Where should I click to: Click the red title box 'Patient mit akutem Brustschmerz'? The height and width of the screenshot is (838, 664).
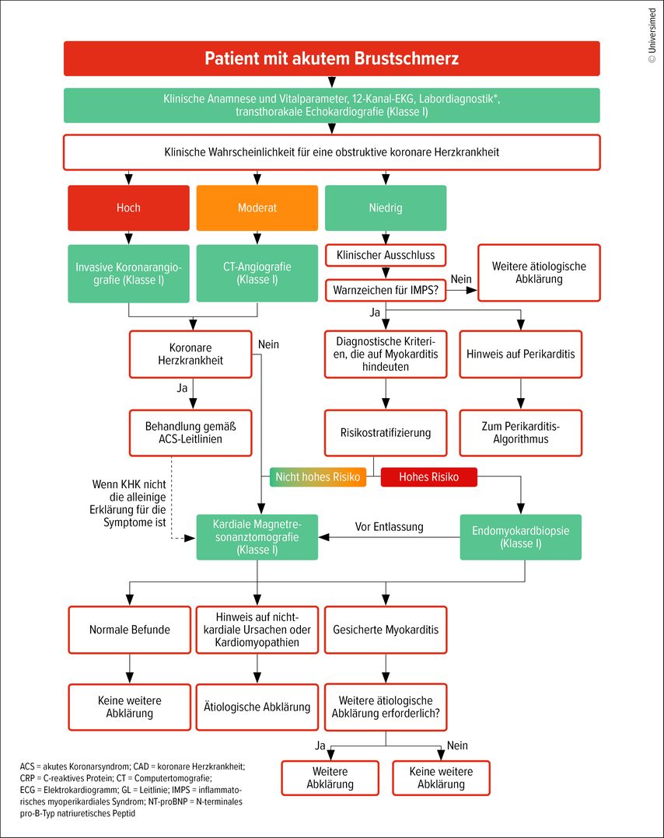click(x=331, y=58)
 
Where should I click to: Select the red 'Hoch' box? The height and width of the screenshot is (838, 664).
click(x=128, y=208)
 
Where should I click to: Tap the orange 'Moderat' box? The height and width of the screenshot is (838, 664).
click(x=257, y=208)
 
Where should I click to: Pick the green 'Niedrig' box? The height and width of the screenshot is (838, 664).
click(x=386, y=208)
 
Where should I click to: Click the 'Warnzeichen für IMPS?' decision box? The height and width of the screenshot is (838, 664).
click(x=386, y=290)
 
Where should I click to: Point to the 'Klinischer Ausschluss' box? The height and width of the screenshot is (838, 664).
click(x=386, y=256)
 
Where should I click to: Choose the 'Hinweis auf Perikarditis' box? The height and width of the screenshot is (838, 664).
click(x=521, y=354)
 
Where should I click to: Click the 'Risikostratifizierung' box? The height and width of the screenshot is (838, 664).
click(x=386, y=433)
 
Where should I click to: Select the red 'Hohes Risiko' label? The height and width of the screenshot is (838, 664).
click(x=428, y=477)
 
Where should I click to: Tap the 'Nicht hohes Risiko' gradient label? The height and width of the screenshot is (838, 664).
click(x=317, y=477)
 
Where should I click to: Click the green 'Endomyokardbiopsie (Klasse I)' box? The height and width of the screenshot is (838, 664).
click(x=521, y=537)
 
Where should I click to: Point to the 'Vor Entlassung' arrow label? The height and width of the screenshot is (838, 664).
click(x=390, y=527)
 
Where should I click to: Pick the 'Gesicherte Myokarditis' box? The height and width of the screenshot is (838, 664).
click(x=386, y=630)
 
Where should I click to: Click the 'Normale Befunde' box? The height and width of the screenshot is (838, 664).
click(x=129, y=630)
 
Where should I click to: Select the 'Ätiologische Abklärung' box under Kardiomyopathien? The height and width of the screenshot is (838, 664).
click(x=257, y=707)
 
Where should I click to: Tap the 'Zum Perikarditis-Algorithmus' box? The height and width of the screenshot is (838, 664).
click(x=521, y=433)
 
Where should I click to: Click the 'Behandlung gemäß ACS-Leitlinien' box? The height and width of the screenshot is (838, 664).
click(x=190, y=433)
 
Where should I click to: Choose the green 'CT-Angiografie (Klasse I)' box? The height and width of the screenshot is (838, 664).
click(x=257, y=273)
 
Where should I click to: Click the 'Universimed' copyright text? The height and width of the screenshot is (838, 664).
click(x=652, y=35)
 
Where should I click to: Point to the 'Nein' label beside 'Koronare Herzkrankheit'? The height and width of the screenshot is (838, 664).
click(x=268, y=344)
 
